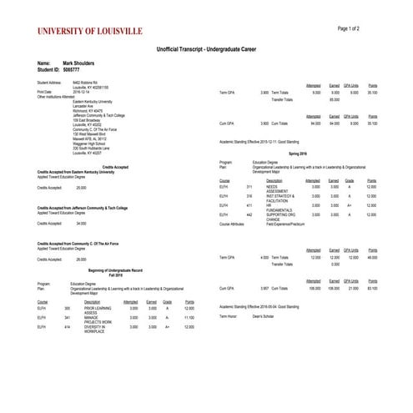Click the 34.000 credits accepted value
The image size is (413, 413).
click(81, 224)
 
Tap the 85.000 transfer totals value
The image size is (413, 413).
click(335, 99)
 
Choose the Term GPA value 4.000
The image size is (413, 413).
click(264, 258)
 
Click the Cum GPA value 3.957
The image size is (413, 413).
click(264, 288)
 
